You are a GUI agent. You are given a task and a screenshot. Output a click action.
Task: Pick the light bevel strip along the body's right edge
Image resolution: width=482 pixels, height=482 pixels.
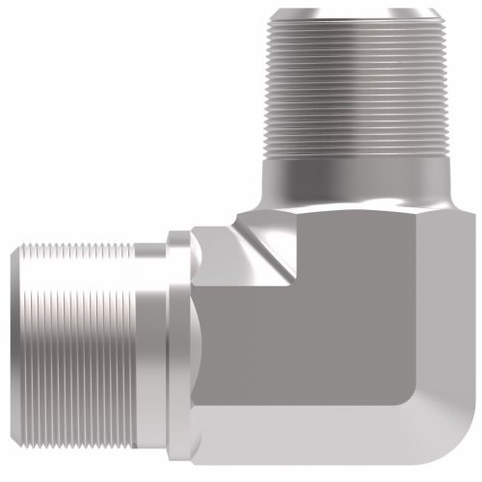point(460,318)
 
